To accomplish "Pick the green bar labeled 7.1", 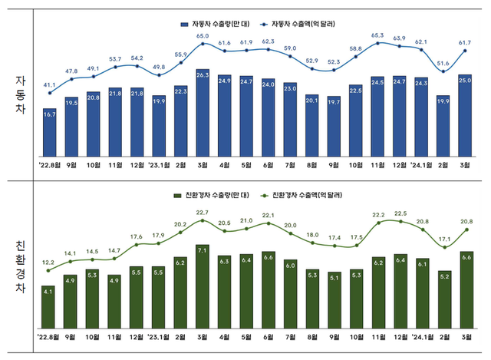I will (203, 285).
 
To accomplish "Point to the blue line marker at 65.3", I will (378, 43).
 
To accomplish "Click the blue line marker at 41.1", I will (49, 93).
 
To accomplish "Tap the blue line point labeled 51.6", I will (443, 72).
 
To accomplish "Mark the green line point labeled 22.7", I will (203, 220).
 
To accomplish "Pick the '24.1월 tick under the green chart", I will (421, 336).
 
